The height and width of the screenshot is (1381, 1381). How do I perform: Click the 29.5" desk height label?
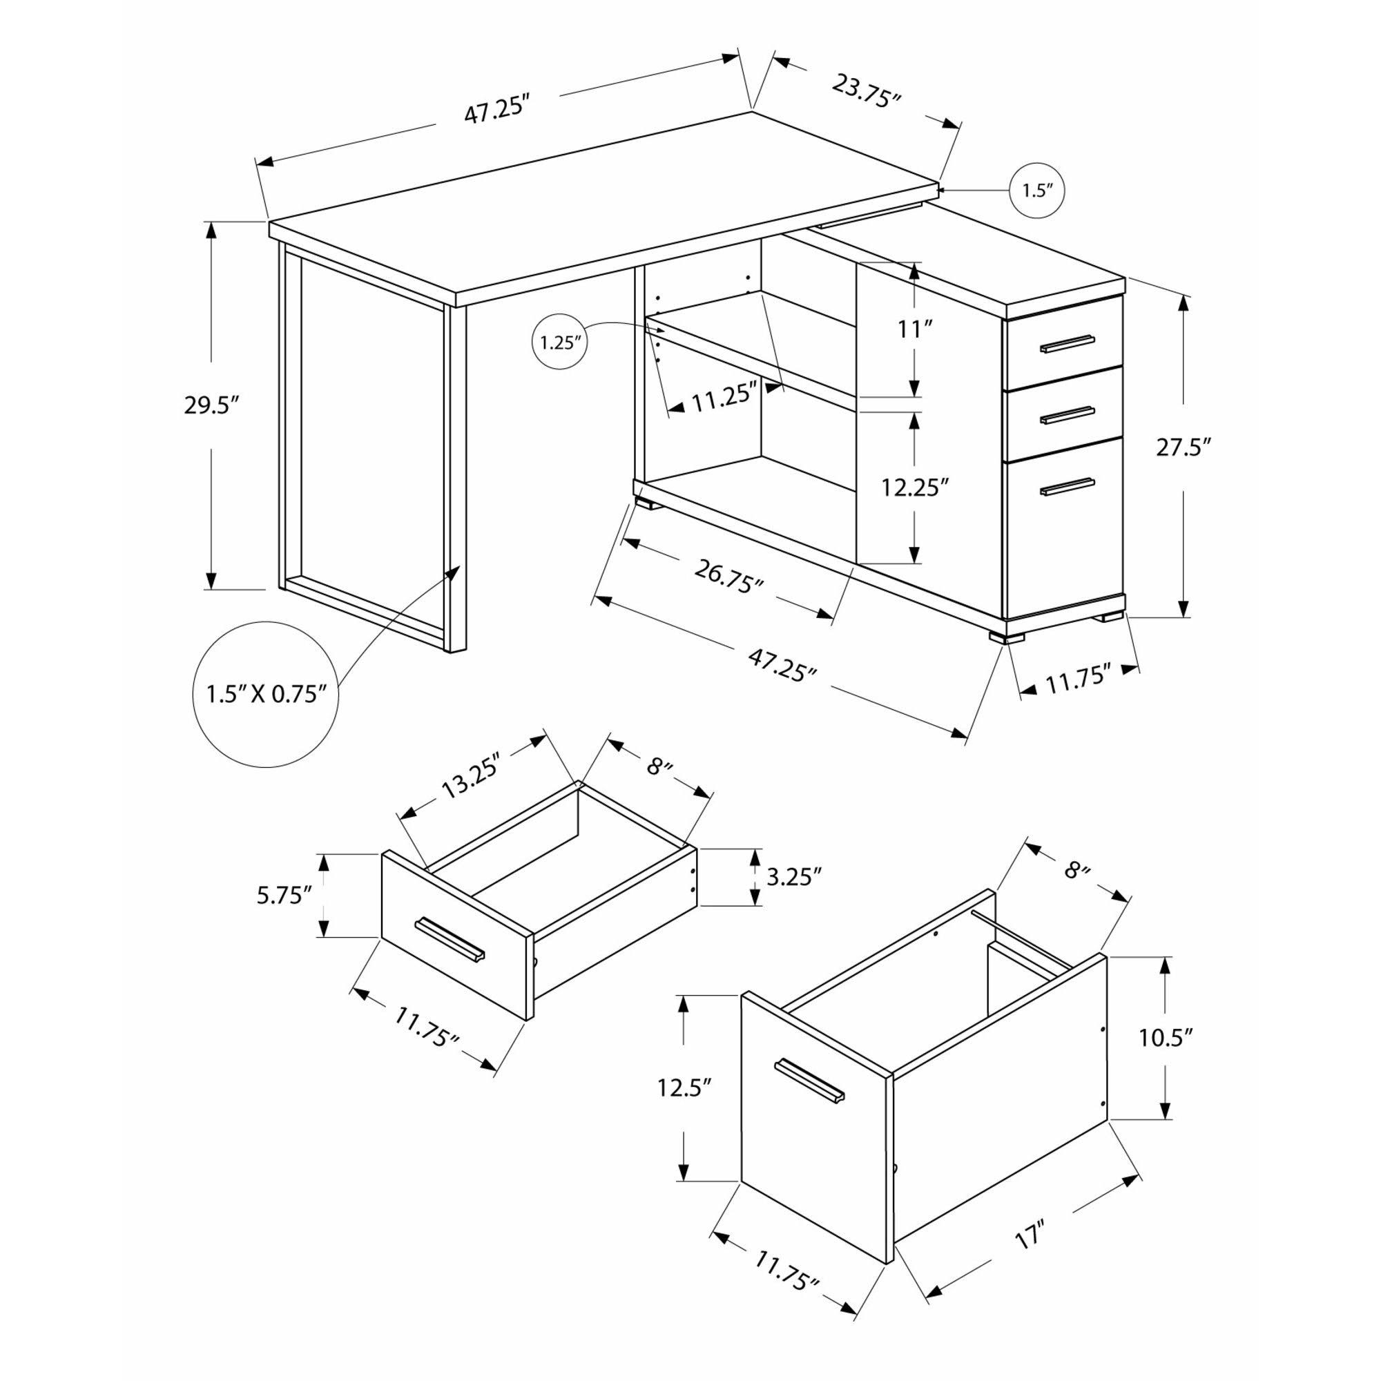tap(210, 406)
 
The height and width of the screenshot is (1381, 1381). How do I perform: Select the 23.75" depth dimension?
tap(866, 90)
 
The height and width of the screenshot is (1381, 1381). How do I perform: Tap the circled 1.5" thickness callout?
tap(1037, 190)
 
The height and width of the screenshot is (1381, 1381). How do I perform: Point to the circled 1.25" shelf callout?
tap(560, 342)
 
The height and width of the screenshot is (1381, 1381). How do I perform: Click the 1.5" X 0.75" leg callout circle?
tap(266, 694)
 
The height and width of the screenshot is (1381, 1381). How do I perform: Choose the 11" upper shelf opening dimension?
tap(915, 329)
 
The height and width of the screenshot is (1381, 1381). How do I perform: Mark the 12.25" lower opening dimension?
tap(914, 488)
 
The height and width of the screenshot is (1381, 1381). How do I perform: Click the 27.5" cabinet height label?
tap(1184, 448)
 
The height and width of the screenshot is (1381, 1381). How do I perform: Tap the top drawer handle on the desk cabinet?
tap(1068, 344)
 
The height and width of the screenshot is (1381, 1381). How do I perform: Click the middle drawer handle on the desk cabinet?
tap(1068, 415)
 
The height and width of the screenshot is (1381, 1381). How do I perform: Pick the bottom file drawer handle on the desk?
tap(1068, 486)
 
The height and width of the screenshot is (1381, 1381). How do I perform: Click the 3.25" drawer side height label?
tap(793, 877)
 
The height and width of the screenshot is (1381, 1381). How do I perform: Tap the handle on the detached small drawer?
tap(450, 938)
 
